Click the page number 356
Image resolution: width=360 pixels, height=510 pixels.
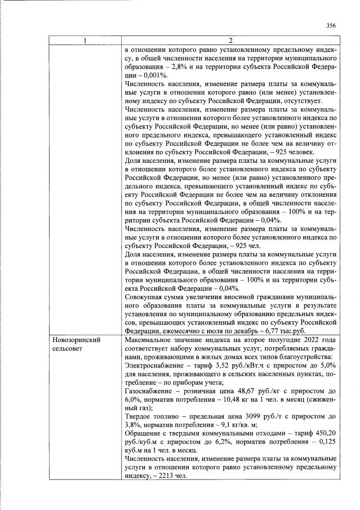click(331, 25)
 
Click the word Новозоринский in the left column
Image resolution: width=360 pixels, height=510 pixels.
click(76, 341)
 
